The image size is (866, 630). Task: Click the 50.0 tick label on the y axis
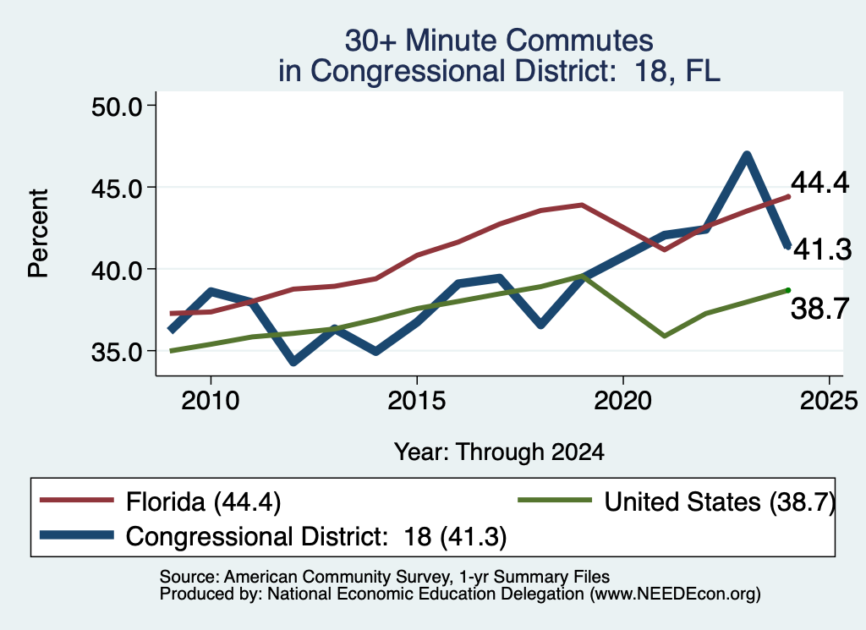117,107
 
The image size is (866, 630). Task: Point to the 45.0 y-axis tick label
117,189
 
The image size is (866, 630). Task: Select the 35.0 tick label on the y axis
117,352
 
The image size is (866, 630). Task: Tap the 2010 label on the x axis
211,400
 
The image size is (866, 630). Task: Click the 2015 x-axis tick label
416,400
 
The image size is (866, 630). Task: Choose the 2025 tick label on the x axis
829,400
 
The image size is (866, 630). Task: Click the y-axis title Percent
39,233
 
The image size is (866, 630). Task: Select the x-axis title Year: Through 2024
499,452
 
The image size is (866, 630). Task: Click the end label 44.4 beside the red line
819,182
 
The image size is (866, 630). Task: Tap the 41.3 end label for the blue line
822,249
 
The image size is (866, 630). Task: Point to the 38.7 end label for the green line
819,308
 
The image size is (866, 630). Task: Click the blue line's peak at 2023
747,156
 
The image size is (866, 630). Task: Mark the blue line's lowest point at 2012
293,361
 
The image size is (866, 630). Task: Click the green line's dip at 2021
665,336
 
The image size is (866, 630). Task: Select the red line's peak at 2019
582,205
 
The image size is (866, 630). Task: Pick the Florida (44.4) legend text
203,502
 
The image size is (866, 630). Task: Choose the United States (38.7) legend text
720,502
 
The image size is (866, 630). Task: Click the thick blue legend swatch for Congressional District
77,535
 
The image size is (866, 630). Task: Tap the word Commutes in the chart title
578,41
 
